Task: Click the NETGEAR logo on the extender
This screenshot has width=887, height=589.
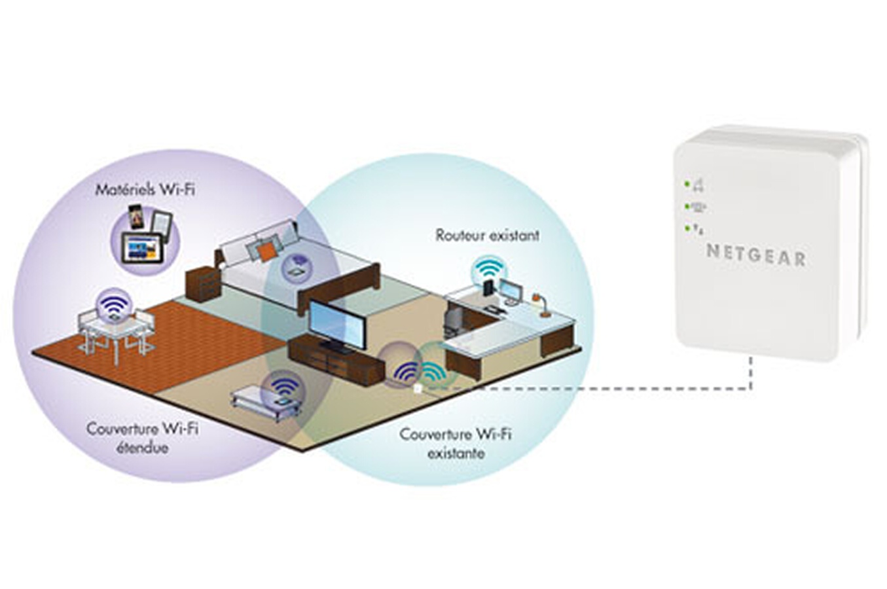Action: [756, 256]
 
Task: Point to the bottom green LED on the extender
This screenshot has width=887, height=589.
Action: [687, 228]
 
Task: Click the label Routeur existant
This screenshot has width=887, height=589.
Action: [488, 235]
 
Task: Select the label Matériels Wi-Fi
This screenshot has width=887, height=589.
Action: [145, 190]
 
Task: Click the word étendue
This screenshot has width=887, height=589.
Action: [143, 448]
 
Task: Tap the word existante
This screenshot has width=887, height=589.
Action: [456, 453]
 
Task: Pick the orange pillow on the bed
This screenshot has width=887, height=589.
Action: [266, 251]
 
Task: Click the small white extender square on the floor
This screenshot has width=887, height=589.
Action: [418, 388]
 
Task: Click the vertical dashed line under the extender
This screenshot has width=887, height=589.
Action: [750, 374]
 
